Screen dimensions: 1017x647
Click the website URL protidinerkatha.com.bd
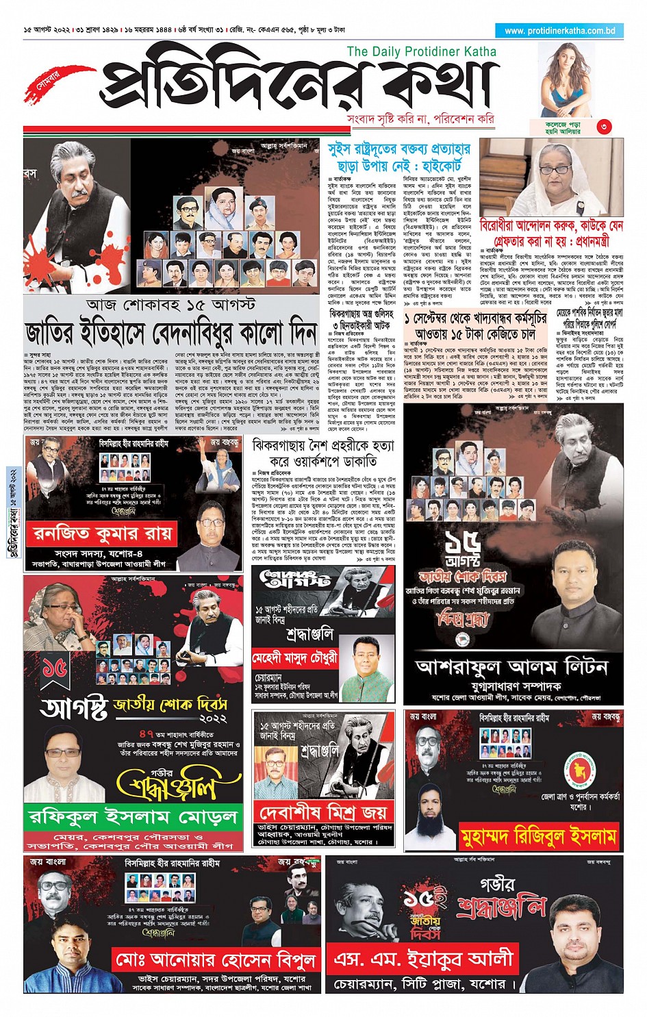pyautogui.click(x=559, y=30)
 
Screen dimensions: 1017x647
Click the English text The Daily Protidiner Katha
pyautogui.click(x=421, y=51)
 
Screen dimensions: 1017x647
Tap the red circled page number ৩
pyautogui.click(x=603, y=127)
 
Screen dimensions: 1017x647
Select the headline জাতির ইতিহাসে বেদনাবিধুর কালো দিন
pyautogui.click(x=171, y=332)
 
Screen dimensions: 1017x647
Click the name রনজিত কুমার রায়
pyautogui.click(x=103, y=533)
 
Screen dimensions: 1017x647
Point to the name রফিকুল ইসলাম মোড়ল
pyautogui.click(x=134, y=816)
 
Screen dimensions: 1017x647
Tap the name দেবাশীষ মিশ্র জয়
pyautogui.click(x=322, y=813)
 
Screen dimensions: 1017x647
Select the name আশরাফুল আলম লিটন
pyautogui.click(x=511, y=666)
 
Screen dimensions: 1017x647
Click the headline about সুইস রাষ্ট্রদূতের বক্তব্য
pyautogui.click(x=399, y=158)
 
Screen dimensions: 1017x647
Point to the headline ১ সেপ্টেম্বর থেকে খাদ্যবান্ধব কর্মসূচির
pyautogui.click(x=476, y=326)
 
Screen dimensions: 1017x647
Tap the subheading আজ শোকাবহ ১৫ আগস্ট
pyautogui.click(x=171, y=303)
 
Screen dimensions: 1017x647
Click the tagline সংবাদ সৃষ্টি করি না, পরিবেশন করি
pyautogui.click(x=420, y=119)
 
